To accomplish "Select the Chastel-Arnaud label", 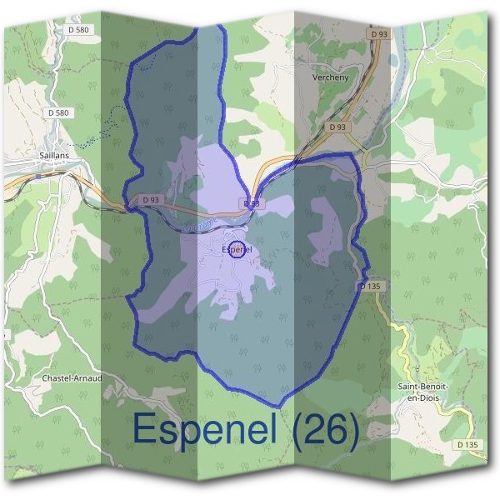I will (72, 377).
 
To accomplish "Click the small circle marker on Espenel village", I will (237, 250).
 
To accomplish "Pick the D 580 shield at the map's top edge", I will (81, 30).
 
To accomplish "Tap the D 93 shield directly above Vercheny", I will (379, 33).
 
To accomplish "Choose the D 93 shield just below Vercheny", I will (337, 127).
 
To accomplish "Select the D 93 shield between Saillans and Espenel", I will (151, 200).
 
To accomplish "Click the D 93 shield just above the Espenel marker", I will (252, 203).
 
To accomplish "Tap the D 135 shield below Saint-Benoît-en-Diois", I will (467, 445).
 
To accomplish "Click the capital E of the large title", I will (143, 430).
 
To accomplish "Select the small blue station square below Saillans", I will (38, 176).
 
